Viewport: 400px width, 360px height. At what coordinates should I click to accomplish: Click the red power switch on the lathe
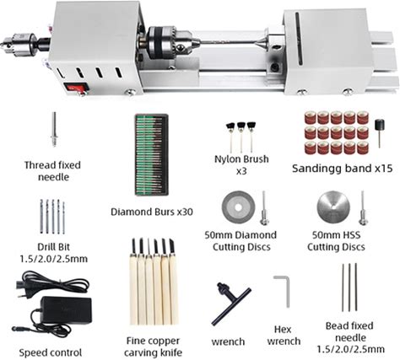[75, 88]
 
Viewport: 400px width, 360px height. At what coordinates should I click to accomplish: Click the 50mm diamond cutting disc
[238, 207]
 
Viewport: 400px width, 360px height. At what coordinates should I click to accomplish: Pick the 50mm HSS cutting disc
[333, 207]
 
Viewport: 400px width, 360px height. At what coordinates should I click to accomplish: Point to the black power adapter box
[67, 310]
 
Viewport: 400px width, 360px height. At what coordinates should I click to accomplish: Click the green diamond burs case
[151, 154]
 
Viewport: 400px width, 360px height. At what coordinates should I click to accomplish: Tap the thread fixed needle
[54, 129]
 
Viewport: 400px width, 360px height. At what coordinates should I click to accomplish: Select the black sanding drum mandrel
[380, 132]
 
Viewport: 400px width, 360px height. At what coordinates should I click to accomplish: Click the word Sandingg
[316, 169]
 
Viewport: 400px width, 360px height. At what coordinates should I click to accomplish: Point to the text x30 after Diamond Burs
[185, 212]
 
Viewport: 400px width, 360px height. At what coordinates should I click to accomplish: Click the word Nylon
[226, 159]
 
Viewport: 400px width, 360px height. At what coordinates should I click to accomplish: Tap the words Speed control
[51, 352]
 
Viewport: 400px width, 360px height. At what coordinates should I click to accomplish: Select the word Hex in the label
[283, 329]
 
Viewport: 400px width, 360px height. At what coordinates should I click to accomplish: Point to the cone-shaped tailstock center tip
[261, 43]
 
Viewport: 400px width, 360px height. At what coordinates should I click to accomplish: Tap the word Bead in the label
[337, 325]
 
